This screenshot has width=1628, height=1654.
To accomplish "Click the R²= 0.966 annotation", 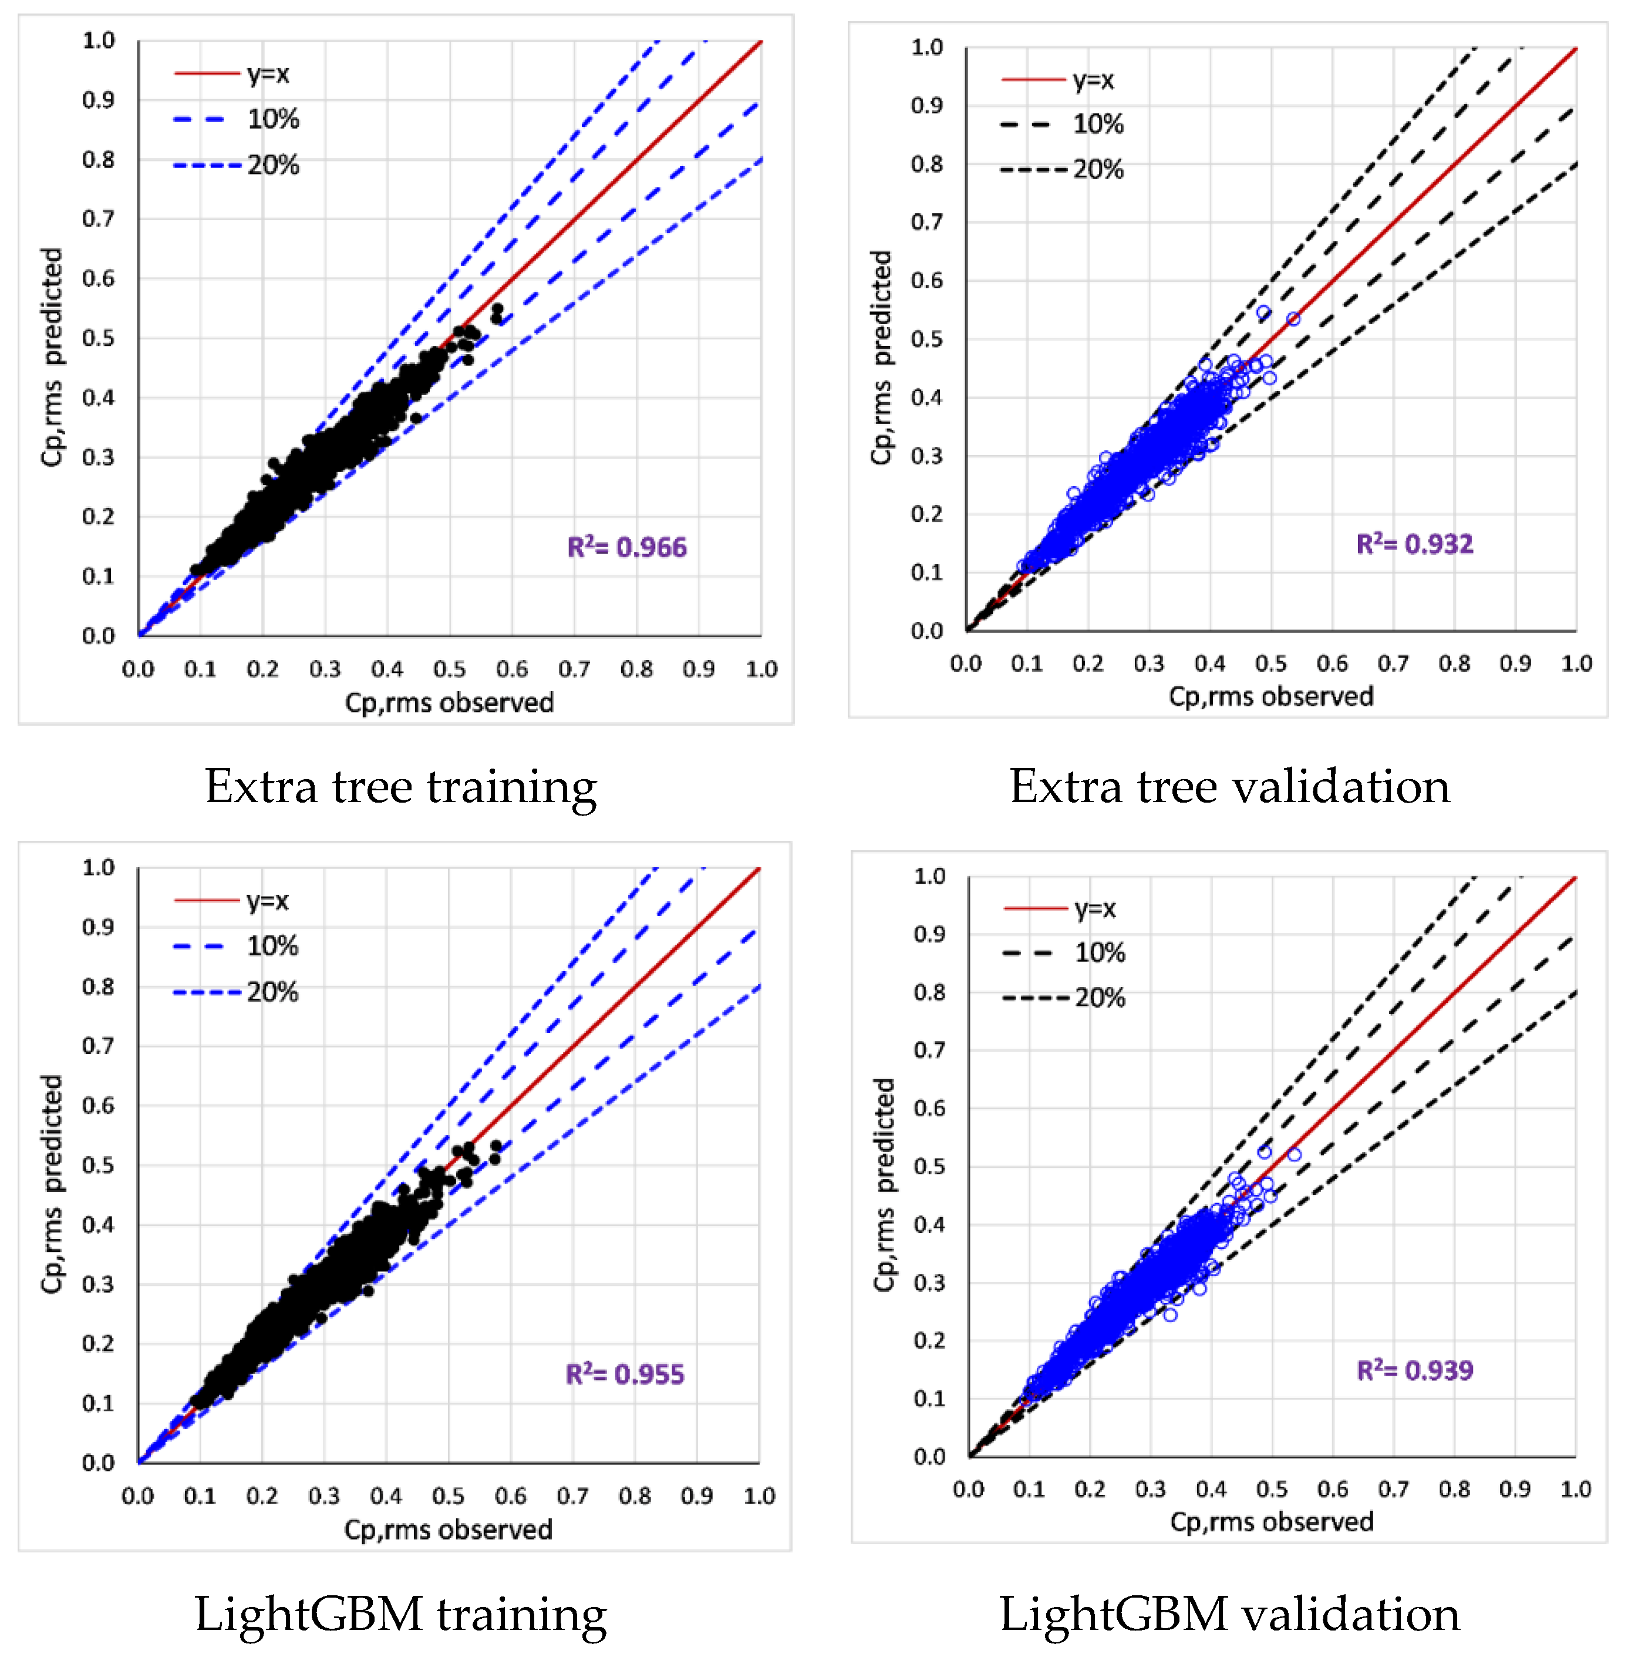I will click(x=627, y=547).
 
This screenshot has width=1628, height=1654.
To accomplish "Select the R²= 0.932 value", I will click(x=1414, y=544).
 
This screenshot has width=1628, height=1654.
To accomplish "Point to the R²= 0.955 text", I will click(x=625, y=1375).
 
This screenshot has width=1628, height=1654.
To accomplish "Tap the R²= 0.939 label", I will click(x=1414, y=1370).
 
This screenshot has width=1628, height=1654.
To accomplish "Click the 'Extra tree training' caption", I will click(x=400, y=786).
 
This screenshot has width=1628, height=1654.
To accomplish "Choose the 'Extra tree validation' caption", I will click(x=1229, y=786).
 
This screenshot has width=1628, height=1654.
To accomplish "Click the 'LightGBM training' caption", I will click(x=400, y=1614).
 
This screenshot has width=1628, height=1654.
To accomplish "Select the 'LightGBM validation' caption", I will click(x=1229, y=1614).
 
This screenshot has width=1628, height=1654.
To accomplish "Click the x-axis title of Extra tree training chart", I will click(x=449, y=702).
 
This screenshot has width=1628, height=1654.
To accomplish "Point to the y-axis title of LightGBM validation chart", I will click(x=884, y=1184).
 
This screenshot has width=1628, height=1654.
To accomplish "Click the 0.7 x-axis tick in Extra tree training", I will click(x=574, y=669).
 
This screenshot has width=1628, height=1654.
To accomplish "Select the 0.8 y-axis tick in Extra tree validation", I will click(x=927, y=163).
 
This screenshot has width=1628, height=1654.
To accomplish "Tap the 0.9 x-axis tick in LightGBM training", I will click(x=697, y=1496).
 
